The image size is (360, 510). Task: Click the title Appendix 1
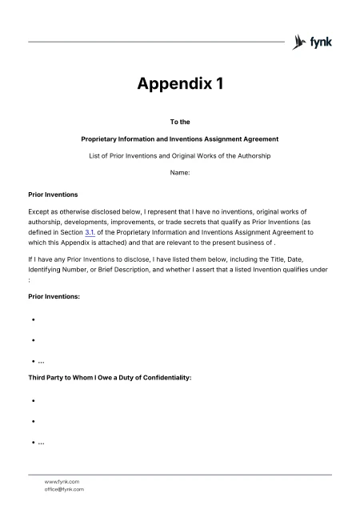(x=179, y=84)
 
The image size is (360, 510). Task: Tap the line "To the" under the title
(x=179, y=122)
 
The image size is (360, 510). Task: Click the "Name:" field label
(x=179, y=172)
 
